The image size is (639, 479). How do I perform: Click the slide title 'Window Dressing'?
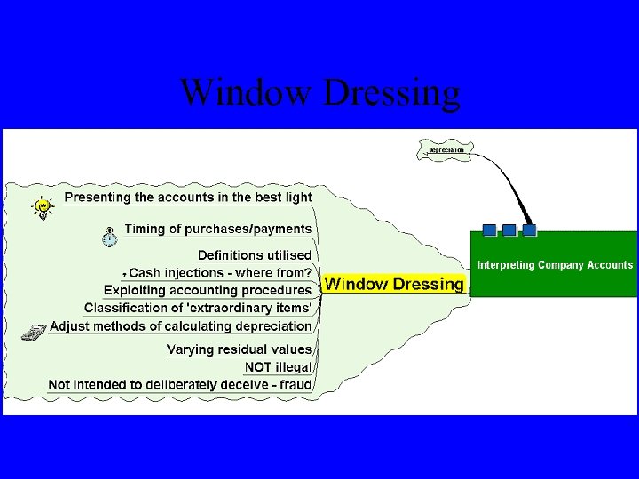pos(320,92)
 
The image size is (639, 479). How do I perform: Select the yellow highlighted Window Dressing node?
pos(393,284)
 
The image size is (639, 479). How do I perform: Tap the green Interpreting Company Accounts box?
pos(554,264)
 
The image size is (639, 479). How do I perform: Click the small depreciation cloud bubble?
pos(446,150)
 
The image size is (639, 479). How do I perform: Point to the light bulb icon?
pos(42,208)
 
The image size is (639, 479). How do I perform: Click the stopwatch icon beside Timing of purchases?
pos(109,236)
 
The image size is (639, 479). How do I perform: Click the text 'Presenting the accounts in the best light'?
pos(187,196)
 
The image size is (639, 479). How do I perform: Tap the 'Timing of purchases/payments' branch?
pos(217,229)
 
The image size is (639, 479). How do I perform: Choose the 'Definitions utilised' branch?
pos(254,255)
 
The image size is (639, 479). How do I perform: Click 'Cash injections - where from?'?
pos(220,272)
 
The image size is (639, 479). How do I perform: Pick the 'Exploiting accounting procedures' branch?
pos(208,290)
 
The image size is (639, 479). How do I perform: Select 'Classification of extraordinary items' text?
pos(198,308)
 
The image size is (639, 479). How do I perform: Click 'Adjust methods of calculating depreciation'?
pos(180,326)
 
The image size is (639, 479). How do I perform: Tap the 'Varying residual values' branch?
pos(239,349)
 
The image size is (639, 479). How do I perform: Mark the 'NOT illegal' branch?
pos(277,366)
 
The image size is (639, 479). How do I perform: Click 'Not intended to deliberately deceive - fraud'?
pos(179,384)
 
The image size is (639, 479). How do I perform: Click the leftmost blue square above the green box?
pos(489,231)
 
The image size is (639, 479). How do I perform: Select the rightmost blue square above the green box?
pos(530,231)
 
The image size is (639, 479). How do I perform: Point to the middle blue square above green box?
pos(509,231)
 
